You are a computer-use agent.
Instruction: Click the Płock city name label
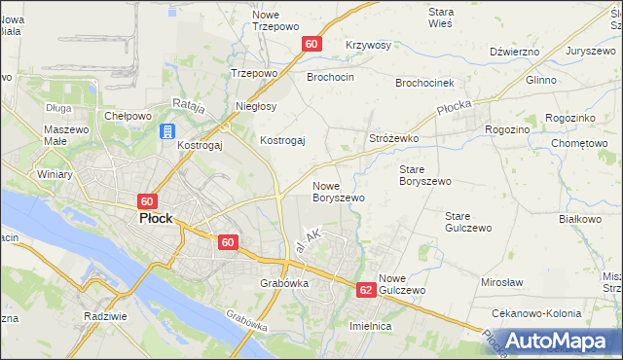click(156, 219)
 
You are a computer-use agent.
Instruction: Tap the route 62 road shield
click(366, 290)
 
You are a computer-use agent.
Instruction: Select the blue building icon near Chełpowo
click(166, 131)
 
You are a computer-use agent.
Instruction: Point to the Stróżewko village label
click(393, 139)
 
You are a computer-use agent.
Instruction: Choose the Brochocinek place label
click(433, 84)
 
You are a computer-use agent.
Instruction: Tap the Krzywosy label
click(368, 46)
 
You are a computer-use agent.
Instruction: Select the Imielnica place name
click(370, 327)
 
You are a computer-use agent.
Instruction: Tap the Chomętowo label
click(579, 143)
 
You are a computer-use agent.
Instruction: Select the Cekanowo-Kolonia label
click(537, 314)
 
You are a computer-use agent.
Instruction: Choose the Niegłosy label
click(256, 106)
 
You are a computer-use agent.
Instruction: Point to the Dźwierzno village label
click(515, 52)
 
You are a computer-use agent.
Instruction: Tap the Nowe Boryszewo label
click(338, 191)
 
